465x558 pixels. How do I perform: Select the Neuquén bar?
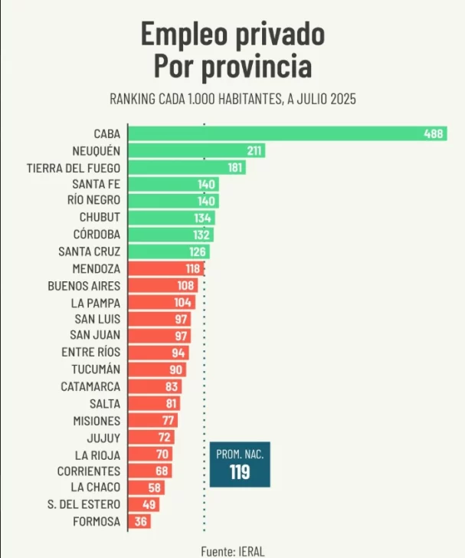[195, 150]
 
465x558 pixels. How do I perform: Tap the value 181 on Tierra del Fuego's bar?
[235, 167]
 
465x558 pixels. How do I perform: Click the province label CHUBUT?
[100, 218]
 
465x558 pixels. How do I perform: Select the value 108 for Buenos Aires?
[187, 285]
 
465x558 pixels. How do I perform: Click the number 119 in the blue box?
[240, 472]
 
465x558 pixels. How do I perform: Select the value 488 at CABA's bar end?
[434, 133]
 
